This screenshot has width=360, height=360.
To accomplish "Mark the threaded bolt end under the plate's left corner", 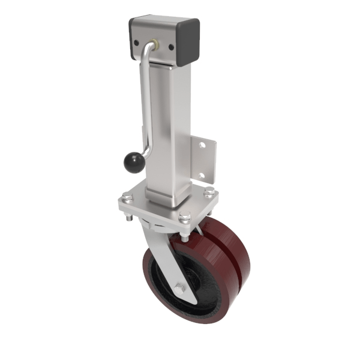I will click(127, 223).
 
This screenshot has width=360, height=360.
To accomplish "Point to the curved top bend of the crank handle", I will click(146, 52).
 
